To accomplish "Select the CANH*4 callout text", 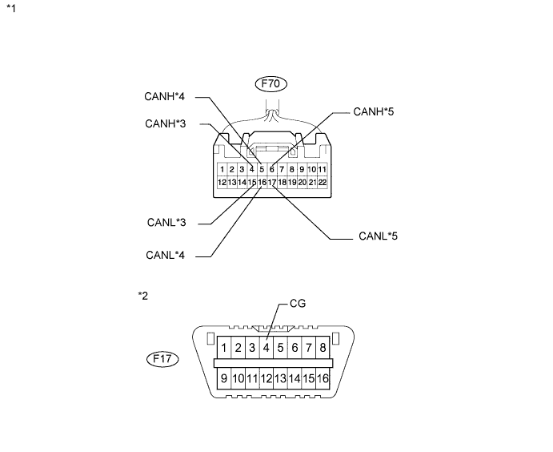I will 166,98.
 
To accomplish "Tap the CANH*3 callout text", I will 166,123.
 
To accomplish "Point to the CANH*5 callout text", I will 374,111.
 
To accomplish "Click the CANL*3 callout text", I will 166,221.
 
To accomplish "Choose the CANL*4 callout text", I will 166,256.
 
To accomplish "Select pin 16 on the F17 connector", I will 323,377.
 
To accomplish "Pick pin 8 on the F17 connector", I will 323,348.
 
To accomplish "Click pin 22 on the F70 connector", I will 323,183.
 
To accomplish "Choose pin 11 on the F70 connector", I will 323,170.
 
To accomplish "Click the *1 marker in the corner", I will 10,10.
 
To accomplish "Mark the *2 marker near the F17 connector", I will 143,297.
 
